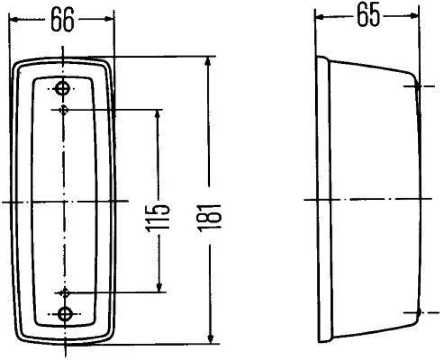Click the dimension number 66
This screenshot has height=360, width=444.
tap(62, 20)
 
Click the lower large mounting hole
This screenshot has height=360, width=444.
tap(65, 313)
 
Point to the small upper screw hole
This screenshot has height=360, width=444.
tap(65, 109)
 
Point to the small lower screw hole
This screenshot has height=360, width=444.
tap(65, 292)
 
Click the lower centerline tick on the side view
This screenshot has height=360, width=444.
tap(418, 312)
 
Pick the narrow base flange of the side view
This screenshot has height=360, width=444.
tap(322, 199)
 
